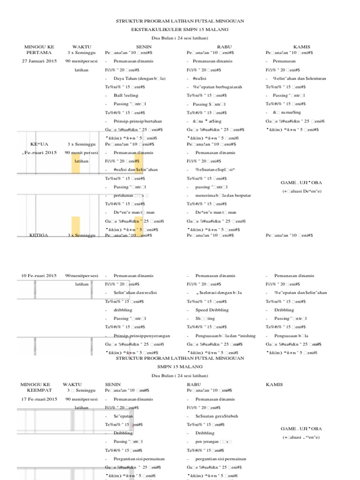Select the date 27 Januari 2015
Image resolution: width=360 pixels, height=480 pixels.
(x=39, y=61)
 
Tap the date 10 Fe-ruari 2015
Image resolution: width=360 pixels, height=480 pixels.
(x=39, y=276)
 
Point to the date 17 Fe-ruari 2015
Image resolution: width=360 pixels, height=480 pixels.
(x=39, y=399)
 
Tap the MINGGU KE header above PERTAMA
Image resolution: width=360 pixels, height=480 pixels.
(x=39, y=47)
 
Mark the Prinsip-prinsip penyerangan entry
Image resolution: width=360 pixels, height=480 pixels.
(x=142, y=336)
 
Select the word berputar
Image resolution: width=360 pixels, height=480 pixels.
(x=242, y=195)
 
